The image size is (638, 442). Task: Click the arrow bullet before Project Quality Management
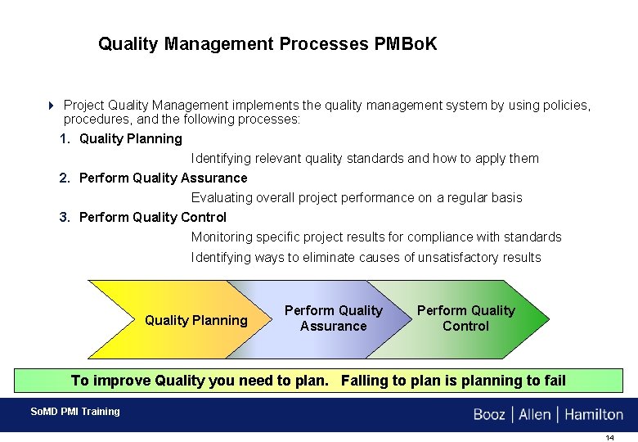[51, 106]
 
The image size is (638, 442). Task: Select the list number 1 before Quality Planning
[65, 139]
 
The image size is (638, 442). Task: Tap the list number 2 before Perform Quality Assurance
[65, 178]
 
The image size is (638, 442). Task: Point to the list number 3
[65, 218]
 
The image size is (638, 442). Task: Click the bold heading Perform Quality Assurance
[163, 178]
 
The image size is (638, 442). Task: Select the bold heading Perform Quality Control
[153, 218]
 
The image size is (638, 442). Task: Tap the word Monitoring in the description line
[222, 237]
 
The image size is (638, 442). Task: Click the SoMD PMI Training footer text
[74, 412]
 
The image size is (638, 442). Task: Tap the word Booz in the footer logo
[489, 415]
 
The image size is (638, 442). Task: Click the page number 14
[609, 438]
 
